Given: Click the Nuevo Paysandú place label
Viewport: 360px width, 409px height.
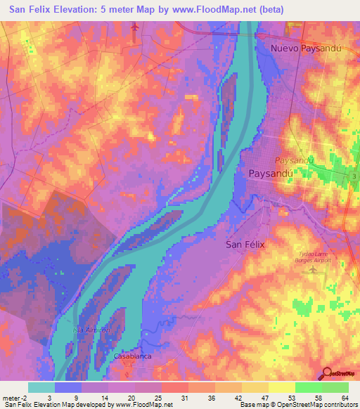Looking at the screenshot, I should pos(307,48).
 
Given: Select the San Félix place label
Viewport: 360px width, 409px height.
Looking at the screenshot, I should pos(247,245).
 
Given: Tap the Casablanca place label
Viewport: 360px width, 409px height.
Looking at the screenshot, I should pos(133,356).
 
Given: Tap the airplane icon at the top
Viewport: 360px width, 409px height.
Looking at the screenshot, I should pos(136,27).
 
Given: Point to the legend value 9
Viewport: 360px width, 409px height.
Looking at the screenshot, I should pos(75,397).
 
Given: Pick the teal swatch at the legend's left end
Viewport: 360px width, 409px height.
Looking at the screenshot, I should pos(41,387).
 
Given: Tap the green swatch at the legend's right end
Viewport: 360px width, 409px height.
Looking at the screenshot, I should pos(335,387).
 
